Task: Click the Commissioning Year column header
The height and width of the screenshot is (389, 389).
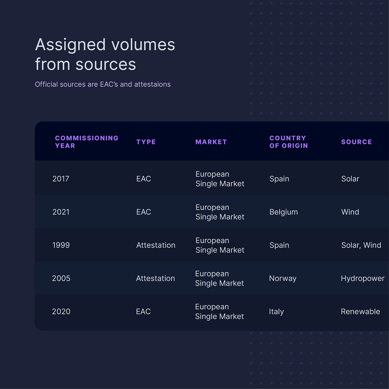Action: tap(87, 142)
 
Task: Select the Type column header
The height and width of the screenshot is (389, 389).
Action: tap(146, 142)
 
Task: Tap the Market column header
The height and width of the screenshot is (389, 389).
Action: tap(211, 142)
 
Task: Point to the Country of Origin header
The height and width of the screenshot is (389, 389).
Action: tap(289, 142)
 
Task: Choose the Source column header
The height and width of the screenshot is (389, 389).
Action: tap(356, 142)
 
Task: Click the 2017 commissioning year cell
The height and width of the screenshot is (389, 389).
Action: tap(61, 179)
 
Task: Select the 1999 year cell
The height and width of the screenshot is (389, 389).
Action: tap(61, 245)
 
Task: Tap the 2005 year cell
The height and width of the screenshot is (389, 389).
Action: tap(61, 279)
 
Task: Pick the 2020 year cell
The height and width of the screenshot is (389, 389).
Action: tap(61, 312)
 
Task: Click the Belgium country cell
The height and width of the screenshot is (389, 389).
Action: tap(284, 212)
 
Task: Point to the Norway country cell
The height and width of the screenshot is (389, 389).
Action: tap(282, 279)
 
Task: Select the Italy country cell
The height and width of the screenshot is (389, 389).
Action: tap(276, 312)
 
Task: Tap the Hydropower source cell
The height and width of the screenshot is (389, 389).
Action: tap(363, 279)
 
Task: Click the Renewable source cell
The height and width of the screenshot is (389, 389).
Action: tap(360, 312)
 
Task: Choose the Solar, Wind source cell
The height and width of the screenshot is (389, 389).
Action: tap(361, 245)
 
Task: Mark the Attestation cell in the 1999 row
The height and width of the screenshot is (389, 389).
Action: tap(156, 245)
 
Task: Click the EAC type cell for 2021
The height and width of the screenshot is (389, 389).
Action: tap(144, 212)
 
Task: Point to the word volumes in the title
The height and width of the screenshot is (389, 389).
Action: tap(143, 45)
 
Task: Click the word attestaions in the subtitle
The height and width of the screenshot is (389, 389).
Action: tap(152, 84)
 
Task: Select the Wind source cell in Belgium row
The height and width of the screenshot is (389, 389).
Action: tap(350, 212)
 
